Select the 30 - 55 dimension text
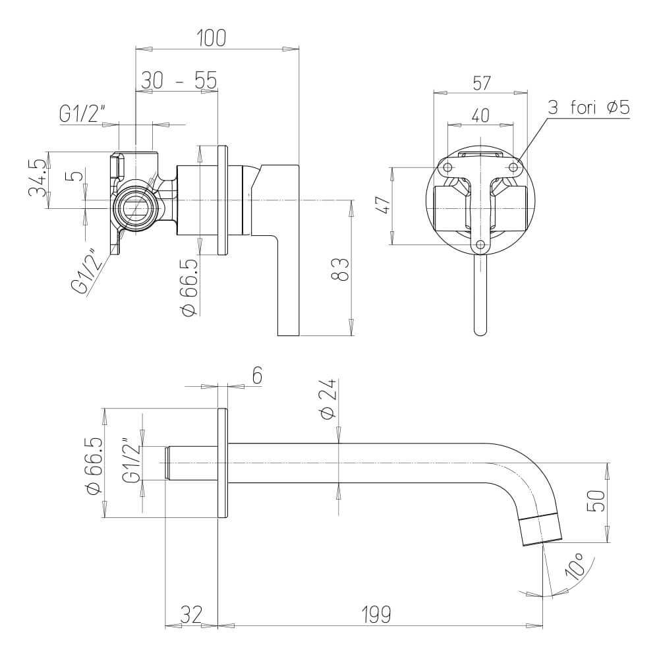(x=179, y=80)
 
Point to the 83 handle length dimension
(x=339, y=269)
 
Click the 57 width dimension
(x=481, y=83)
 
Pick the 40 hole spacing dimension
(x=480, y=115)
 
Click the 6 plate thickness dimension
(x=257, y=375)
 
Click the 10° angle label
(x=575, y=569)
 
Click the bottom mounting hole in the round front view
(x=480, y=245)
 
